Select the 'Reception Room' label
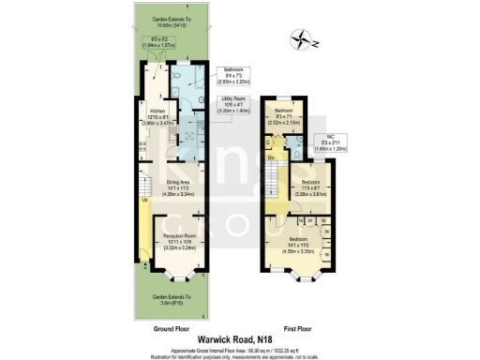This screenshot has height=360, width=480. (x=178, y=234)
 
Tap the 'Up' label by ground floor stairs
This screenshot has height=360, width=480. (x=143, y=200)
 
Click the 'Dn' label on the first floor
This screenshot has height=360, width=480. (x=271, y=157)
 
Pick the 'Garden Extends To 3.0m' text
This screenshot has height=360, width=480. (x=172, y=299)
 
